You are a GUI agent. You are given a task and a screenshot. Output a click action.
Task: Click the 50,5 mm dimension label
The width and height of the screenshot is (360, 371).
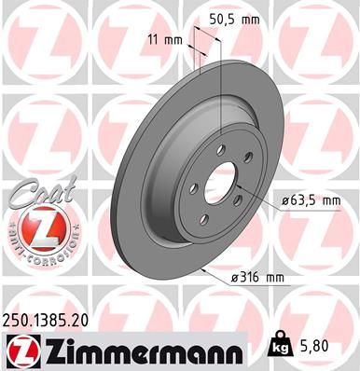tap(235, 19)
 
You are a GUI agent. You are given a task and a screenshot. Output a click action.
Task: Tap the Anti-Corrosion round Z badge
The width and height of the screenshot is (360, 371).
tap(33, 229)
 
